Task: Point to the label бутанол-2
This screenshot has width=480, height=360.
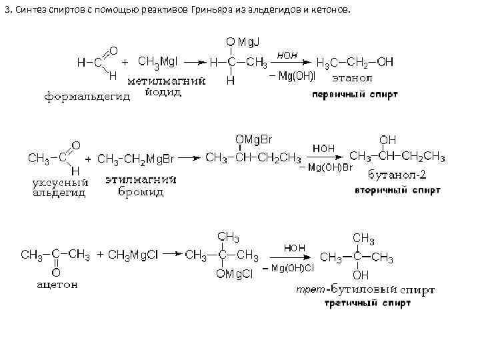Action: point(396,175)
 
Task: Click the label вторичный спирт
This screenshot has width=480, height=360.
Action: point(397,190)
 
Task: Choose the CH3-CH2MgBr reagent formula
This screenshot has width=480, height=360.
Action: point(136,159)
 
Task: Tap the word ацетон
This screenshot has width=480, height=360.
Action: point(56,285)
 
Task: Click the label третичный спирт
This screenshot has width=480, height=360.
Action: point(367,303)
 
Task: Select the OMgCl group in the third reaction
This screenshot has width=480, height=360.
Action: point(233,273)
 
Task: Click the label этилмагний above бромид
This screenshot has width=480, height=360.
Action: point(140,179)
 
